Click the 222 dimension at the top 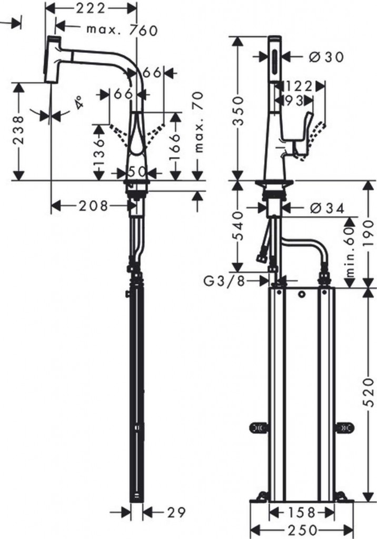click(90, 8)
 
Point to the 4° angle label click(78, 102)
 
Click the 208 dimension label click(93, 206)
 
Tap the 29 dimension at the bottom click(176, 511)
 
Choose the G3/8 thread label click(225, 282)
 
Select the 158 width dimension click(301, 512)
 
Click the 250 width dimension click(301, 530)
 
